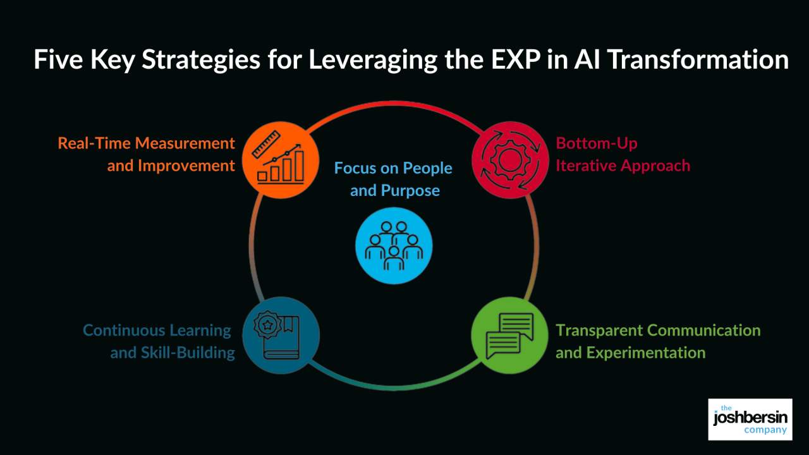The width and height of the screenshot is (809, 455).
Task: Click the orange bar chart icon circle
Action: tap(281, 160)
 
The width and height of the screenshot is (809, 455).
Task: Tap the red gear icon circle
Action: tap(510, 160)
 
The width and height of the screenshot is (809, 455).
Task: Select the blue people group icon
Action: tap(394, 246)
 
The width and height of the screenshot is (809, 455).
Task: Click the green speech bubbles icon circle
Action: tap(509, 336)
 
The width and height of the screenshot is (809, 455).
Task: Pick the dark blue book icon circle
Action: tap(281, 336)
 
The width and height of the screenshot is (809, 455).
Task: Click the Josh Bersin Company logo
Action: tap(750, 419)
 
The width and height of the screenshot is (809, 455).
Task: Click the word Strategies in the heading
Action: tap(201, 60)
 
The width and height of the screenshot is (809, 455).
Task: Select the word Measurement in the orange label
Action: tap(185, 143)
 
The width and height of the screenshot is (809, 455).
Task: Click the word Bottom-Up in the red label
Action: tap(597, 144)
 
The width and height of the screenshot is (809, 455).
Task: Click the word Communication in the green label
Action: tap(703, 331)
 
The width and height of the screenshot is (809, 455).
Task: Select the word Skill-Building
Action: tap(188, 353)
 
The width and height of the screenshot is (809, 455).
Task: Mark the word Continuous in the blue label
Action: tap(124, 331)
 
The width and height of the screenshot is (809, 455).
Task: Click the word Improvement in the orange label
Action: tap(186, 166)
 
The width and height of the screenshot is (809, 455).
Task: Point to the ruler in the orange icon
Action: tap(266, 144)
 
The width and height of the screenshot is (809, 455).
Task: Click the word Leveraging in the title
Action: tap(373, 60)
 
